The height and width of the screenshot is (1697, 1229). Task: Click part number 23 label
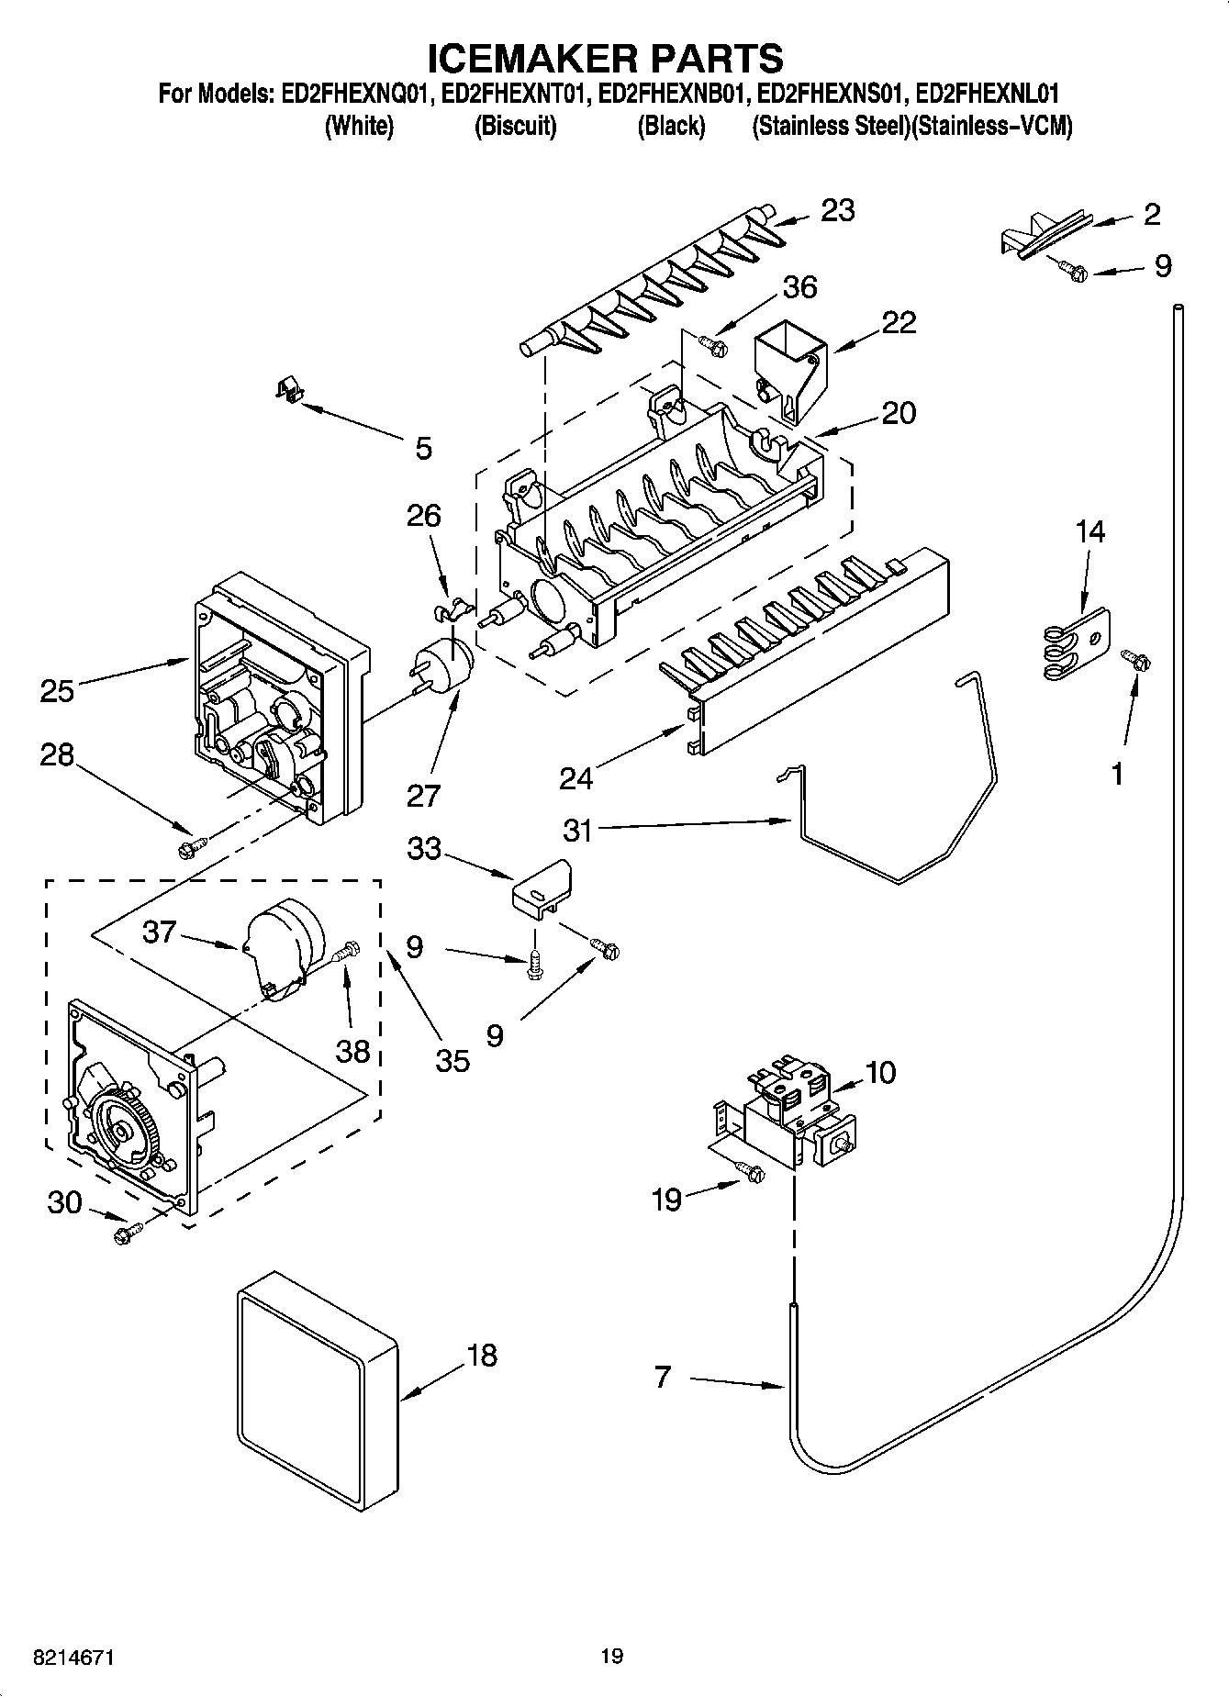pyautogui.click(x=837, y=210)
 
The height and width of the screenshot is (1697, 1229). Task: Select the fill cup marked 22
pyautogui.click(x=790, y=366)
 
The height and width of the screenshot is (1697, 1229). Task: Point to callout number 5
pyautogui.click(x=423, y=449)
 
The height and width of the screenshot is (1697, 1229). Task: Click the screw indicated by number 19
pyautogui.click(x=751, y=1170)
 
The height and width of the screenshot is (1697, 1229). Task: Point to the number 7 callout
pyautogui.click(x=663, y=1377)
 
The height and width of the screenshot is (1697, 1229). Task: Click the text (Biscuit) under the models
pyautogui.click(x=515, y=126)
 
